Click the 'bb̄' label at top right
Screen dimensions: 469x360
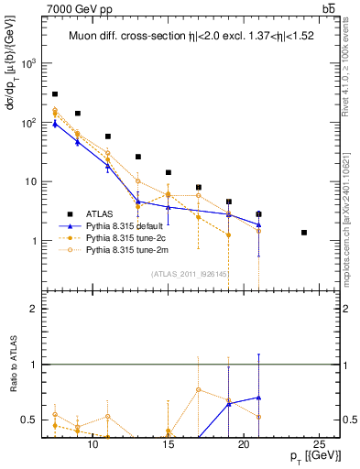(x=328, y=8)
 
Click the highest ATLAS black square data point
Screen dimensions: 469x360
(x=55, y=94)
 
